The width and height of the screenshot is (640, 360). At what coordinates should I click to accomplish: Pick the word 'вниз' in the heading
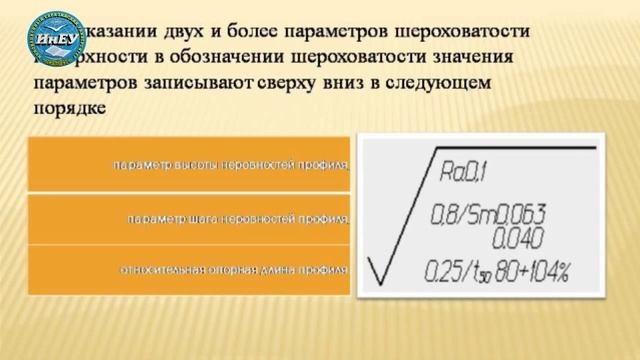point(361,83)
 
